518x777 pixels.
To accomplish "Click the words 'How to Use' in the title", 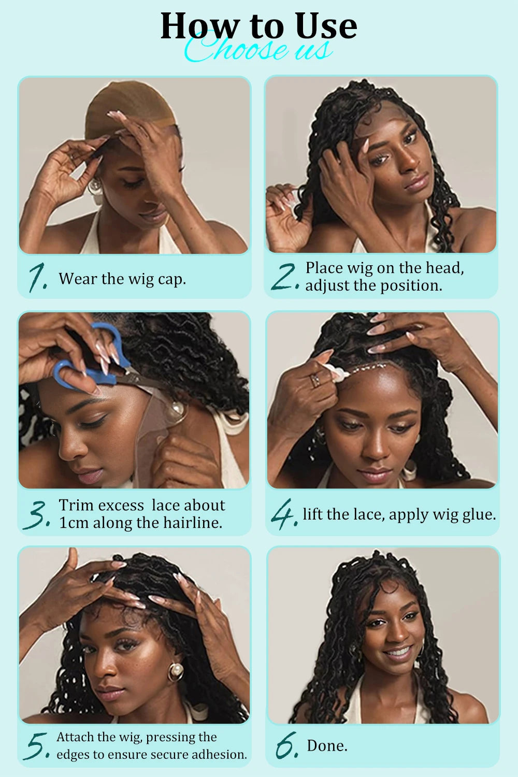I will [258, 26].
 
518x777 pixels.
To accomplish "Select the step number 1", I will [37, 278].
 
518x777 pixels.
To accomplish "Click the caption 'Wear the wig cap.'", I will [122, 279].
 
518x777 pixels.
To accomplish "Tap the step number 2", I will [284, 278].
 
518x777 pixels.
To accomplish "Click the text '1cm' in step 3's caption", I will [74, 523].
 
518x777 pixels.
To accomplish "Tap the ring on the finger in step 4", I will [315, 381].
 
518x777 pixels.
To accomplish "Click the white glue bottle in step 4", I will [332, 371].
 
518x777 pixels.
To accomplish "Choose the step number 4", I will [284, 515].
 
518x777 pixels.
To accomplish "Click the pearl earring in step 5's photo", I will [175, 672].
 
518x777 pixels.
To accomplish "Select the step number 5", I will [37, 746].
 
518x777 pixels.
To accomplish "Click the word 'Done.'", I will [327, 746].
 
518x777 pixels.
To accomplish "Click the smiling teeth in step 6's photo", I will [398, 652].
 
